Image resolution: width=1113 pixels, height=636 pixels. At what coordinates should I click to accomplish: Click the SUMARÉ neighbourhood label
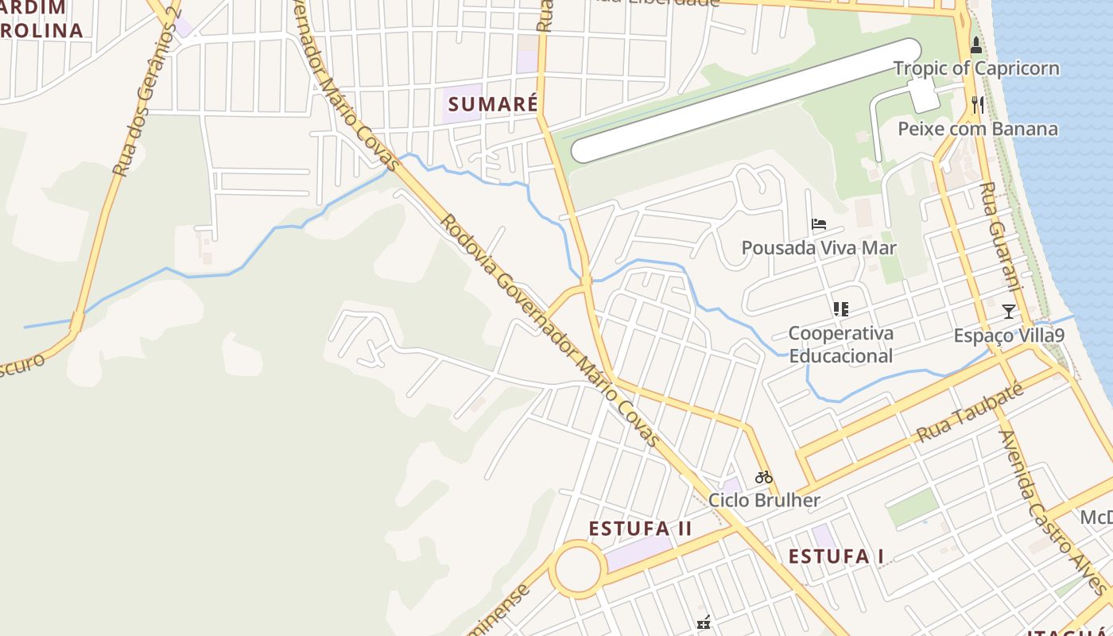[x=493, y=104]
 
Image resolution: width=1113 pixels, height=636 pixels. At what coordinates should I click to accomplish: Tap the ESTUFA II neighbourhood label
[x=640, y=529]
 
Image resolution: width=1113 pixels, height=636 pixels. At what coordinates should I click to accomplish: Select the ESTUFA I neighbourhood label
[x=836, y=556]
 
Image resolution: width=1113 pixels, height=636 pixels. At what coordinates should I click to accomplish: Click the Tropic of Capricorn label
[x=976, y=68]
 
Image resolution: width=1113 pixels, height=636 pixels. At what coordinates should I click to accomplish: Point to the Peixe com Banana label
[x=978, y=129]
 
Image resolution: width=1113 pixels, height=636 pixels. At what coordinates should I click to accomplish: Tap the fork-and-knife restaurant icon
[x=977, y=104]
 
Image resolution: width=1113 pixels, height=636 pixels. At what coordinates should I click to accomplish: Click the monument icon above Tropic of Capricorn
[x=976, y=45]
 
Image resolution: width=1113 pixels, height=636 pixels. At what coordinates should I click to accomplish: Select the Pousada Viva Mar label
[x=819, y=248]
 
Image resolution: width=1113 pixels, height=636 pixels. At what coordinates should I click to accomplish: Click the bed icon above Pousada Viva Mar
[x=819, y=224]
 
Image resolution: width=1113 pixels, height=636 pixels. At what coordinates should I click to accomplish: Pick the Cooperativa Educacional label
[x=841, y=344]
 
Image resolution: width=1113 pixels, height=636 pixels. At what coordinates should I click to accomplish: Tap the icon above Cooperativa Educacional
[x=841, y=308]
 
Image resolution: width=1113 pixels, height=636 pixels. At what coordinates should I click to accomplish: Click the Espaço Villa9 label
[x=1009, y=335]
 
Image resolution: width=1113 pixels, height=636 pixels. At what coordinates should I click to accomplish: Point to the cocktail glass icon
[x=1009, y=312]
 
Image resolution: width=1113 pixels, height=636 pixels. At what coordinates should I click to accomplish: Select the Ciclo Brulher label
[x=764, y=500]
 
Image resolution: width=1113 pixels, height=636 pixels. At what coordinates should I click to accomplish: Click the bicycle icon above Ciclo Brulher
[x=764, y=477]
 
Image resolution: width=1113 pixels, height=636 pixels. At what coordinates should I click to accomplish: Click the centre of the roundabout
[x=577, y=569]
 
